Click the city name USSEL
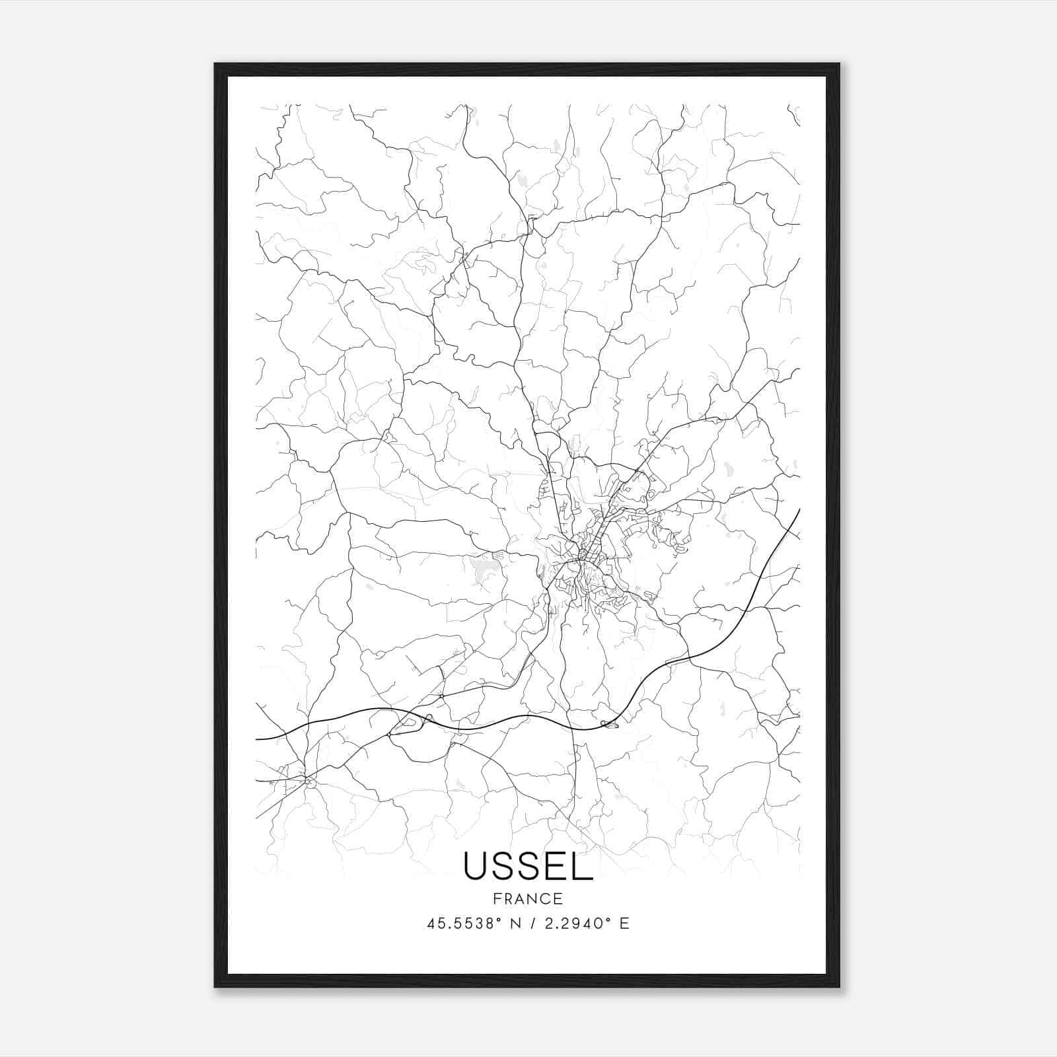pos(528,866)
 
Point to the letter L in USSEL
pos(583,866)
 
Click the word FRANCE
pos(528,898)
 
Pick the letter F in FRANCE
pos(497,898)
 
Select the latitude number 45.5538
pos(460,924)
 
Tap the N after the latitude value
pos(517,924)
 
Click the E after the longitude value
pos(624,924)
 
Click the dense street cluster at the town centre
pos(585,555)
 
